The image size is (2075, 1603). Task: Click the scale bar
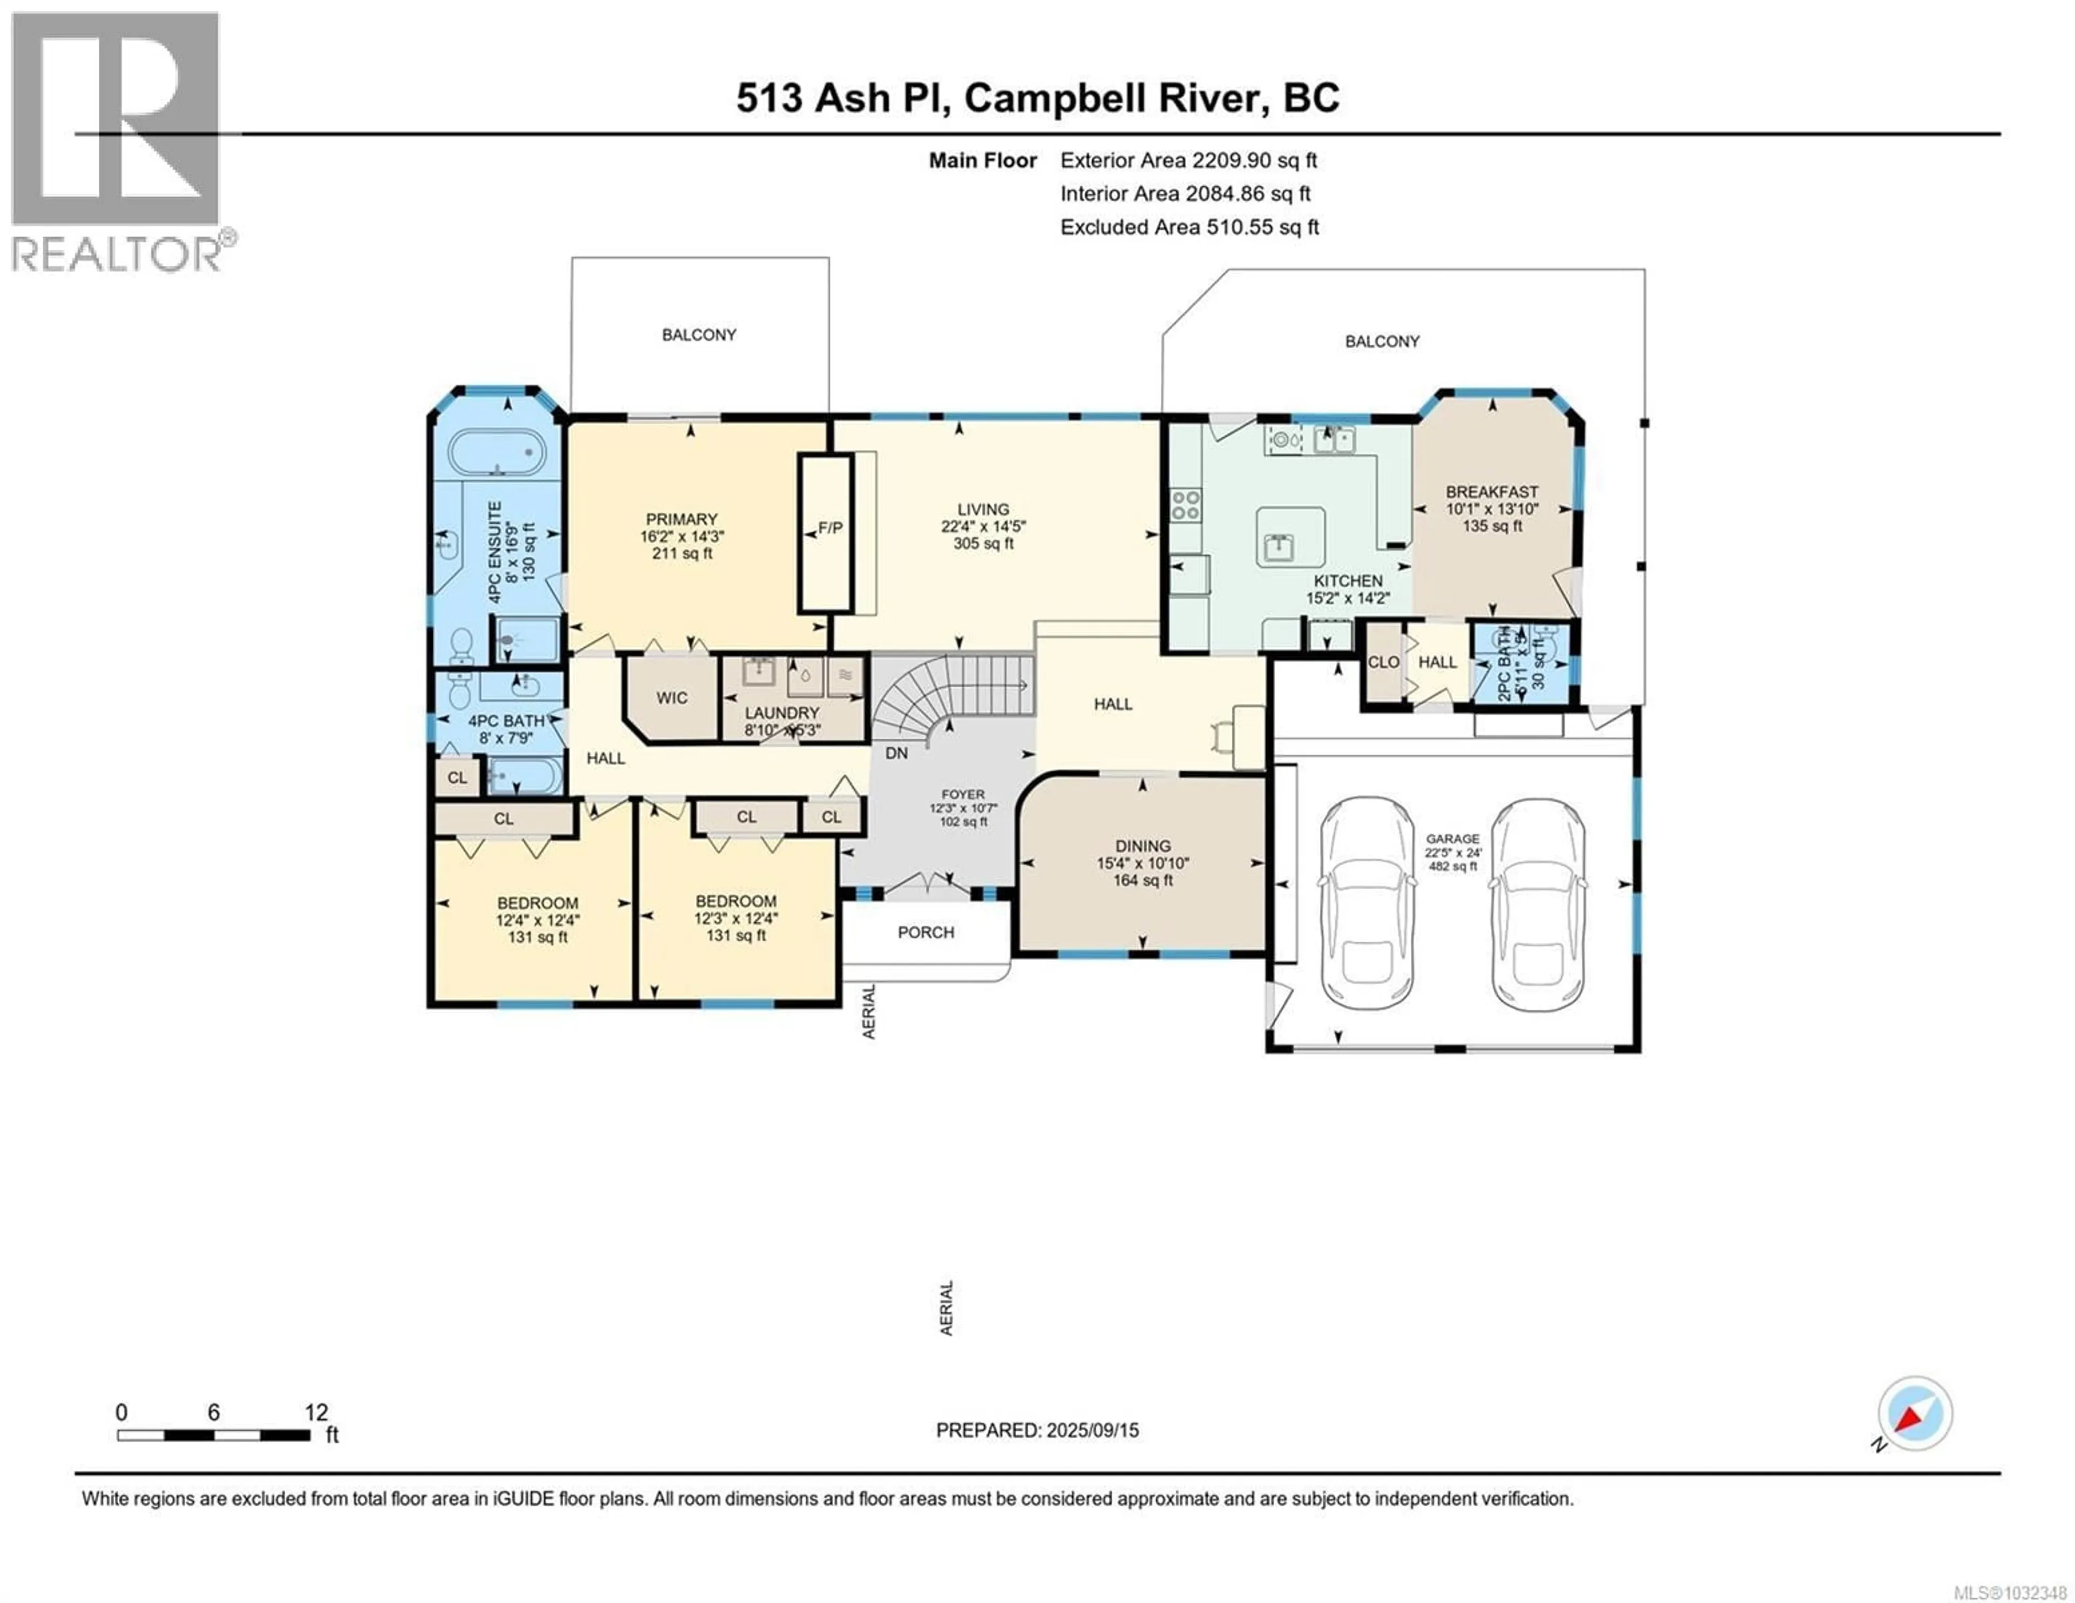[x=214, y=1435]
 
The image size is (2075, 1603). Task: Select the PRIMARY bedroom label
[x=681, y=520]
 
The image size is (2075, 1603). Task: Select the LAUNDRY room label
[x=781, y=713]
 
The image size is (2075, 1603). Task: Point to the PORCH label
[x=926, y=932]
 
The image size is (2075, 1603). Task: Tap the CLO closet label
[x=1383, y=662]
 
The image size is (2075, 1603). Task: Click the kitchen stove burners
[x=1185, y=505]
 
